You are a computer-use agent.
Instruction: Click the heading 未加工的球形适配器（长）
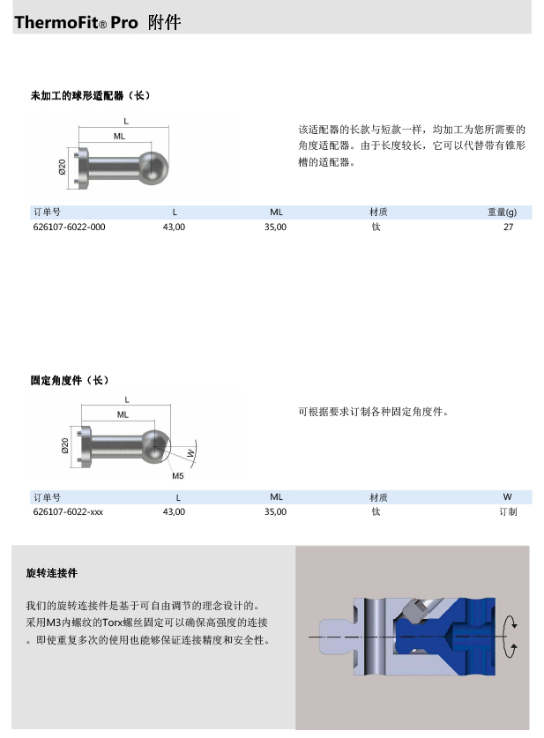tap(91, 95)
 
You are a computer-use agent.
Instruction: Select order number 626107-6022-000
tap(69, 227)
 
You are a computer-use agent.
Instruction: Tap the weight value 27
tap(508, 227)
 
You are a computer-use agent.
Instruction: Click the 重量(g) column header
tap(503, 212)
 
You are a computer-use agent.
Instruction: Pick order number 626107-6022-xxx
tap(68, 511)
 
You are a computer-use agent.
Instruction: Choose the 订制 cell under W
tap(508, 511)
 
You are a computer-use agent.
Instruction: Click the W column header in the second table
tap(508, 497)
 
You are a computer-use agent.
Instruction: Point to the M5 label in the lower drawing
tap(177, 475)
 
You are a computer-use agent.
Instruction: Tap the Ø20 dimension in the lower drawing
tap(65, 445)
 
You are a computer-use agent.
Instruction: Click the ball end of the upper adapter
tap(155, 166)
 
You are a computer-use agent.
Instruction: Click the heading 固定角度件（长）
tap(70, 381)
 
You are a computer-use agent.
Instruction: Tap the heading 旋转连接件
tap(52, 573)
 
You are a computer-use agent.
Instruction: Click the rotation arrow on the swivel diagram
tap(507, 636)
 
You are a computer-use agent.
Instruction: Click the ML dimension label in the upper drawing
tap(119, 137)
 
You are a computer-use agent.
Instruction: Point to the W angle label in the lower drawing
tap(190, 453)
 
